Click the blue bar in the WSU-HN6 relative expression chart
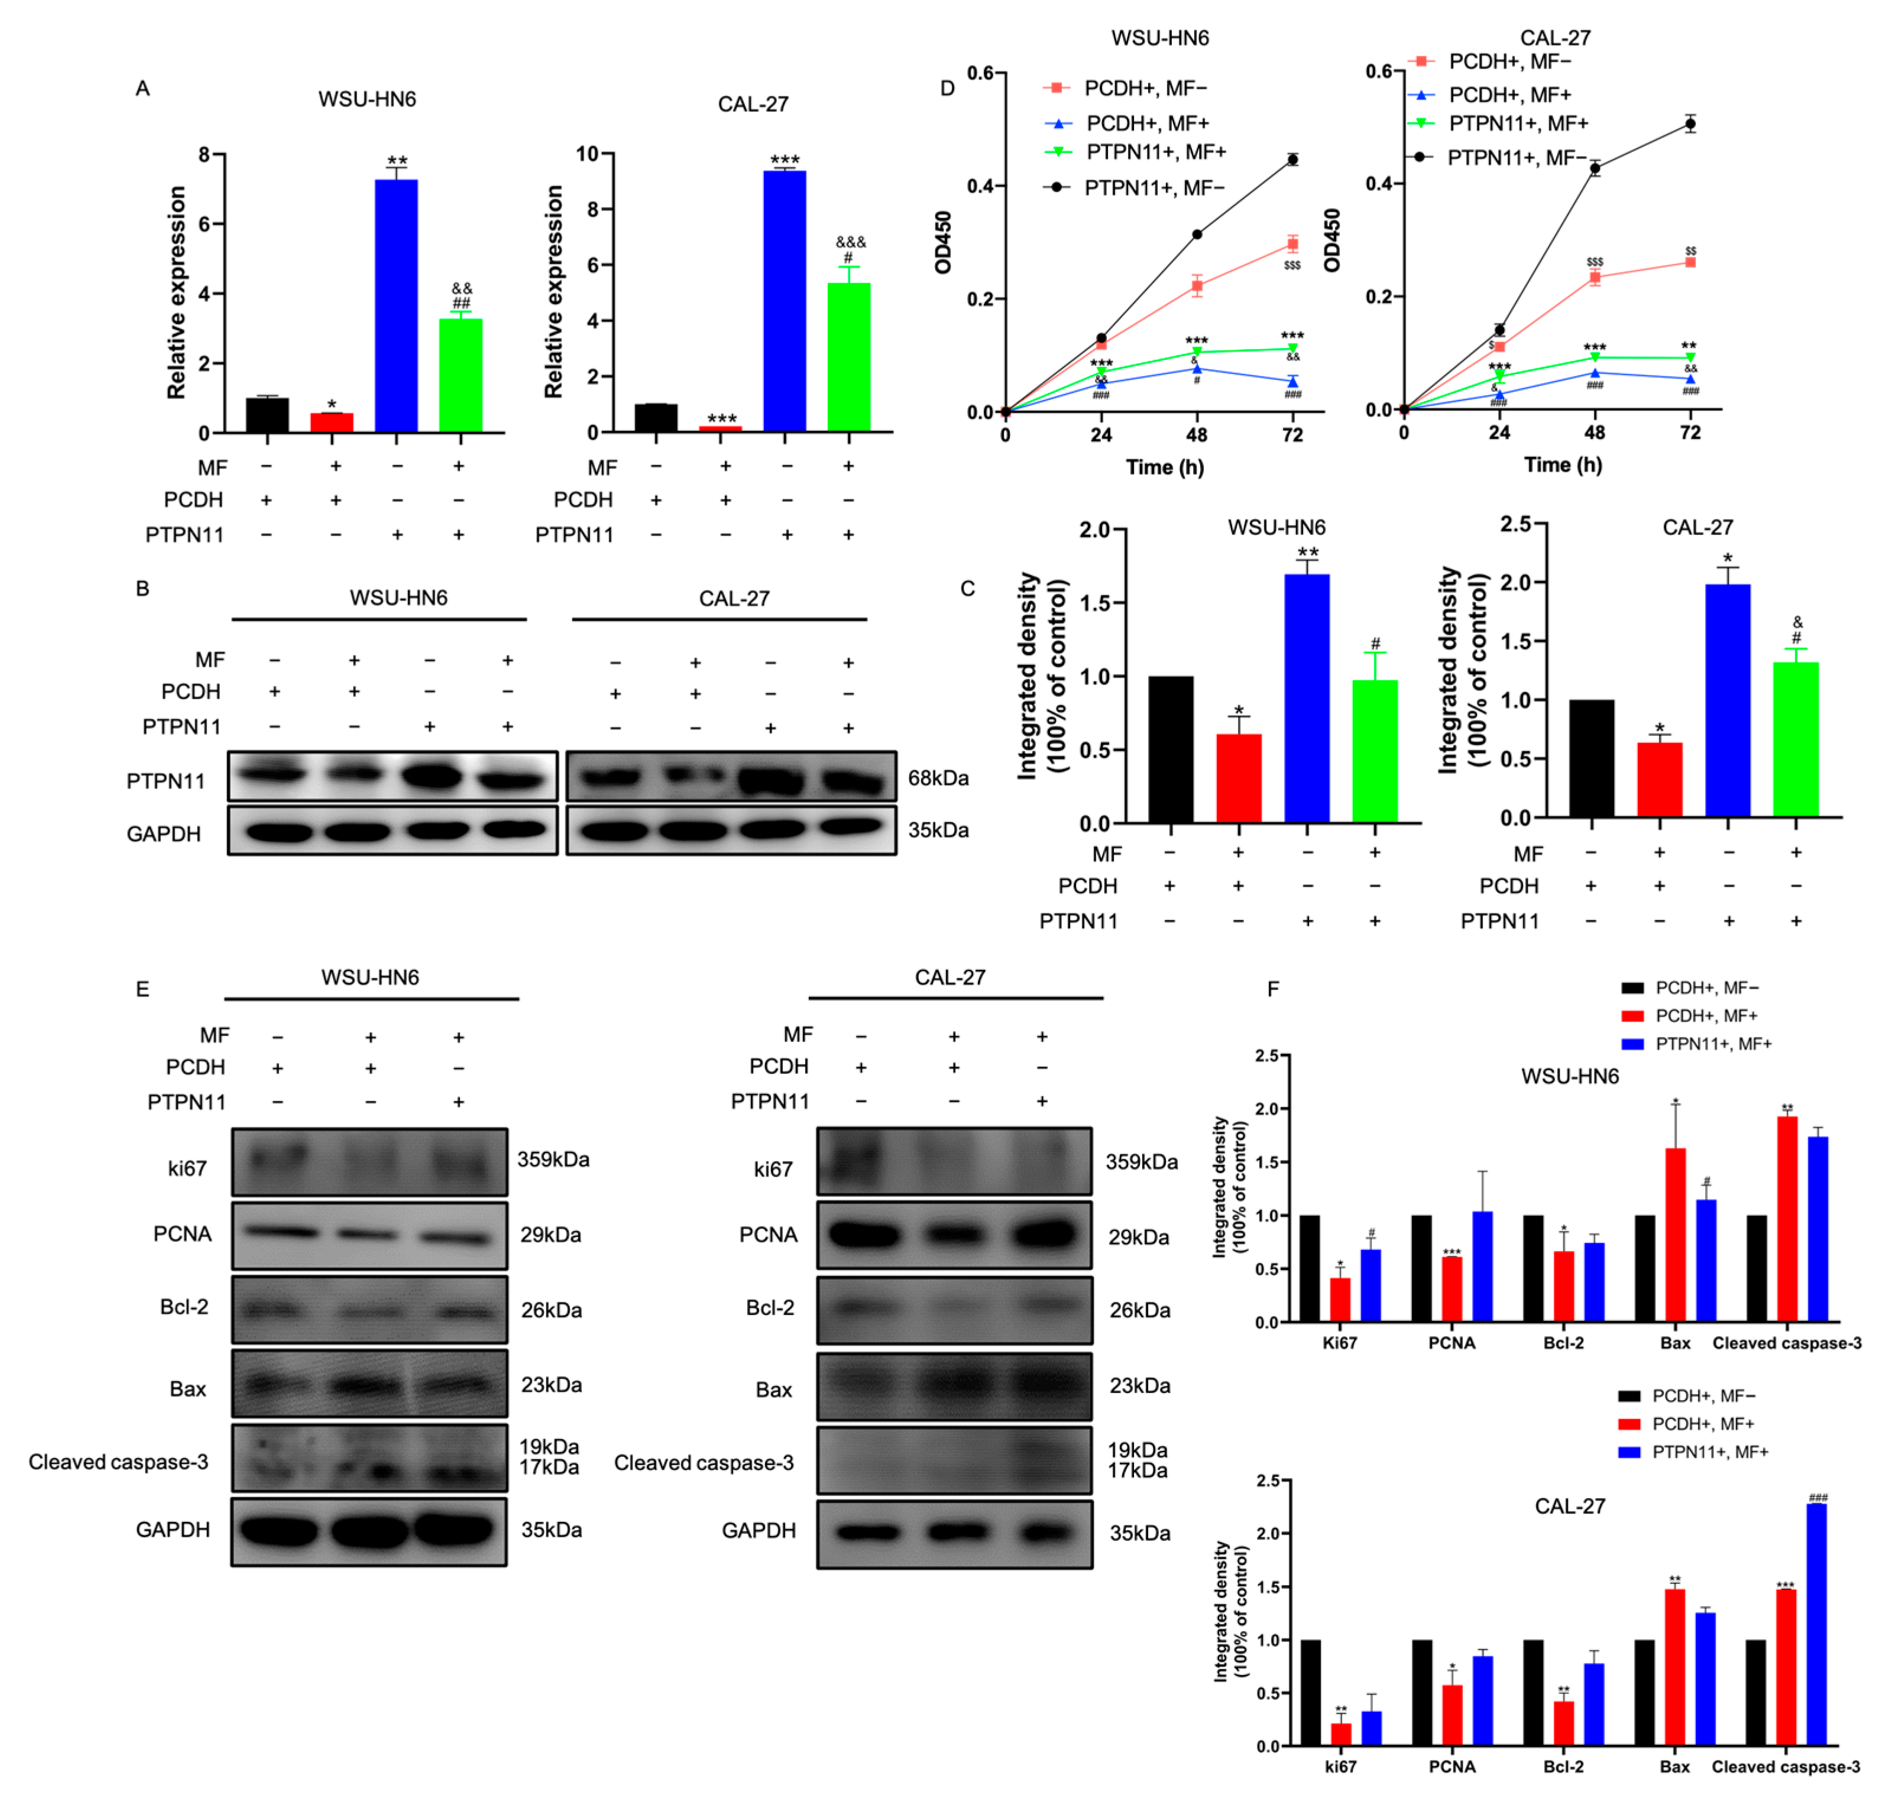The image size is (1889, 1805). coord(396,306)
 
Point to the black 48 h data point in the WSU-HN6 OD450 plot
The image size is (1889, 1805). coord(1196,234)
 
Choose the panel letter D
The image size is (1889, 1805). coord(947,89)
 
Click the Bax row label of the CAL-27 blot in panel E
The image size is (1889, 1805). coord(774,1390)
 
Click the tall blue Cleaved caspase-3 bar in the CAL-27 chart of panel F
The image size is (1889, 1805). coord(1816,1625)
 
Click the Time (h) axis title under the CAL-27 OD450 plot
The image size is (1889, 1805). coord(1562,465)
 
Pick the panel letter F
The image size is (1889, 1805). coord(1272,989)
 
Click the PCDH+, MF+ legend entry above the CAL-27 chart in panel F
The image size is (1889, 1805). coord(1702,1424)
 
